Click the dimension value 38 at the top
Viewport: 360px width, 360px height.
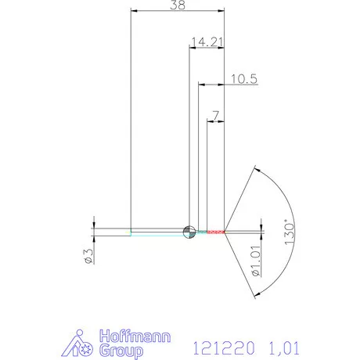(178, 5)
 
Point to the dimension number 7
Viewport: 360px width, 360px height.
(215, 115)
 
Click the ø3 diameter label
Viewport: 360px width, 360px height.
(88, 256)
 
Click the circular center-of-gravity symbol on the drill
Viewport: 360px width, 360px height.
(189, 231)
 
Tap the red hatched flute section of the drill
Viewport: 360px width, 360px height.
(211, 232)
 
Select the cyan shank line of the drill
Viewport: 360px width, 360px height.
(157, 232)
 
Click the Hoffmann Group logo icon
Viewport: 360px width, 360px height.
(78, 341)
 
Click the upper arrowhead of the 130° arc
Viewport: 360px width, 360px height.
(254, 167)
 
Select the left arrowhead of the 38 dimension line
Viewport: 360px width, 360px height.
(134, 11)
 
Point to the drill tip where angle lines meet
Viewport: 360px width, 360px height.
(225, 232)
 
